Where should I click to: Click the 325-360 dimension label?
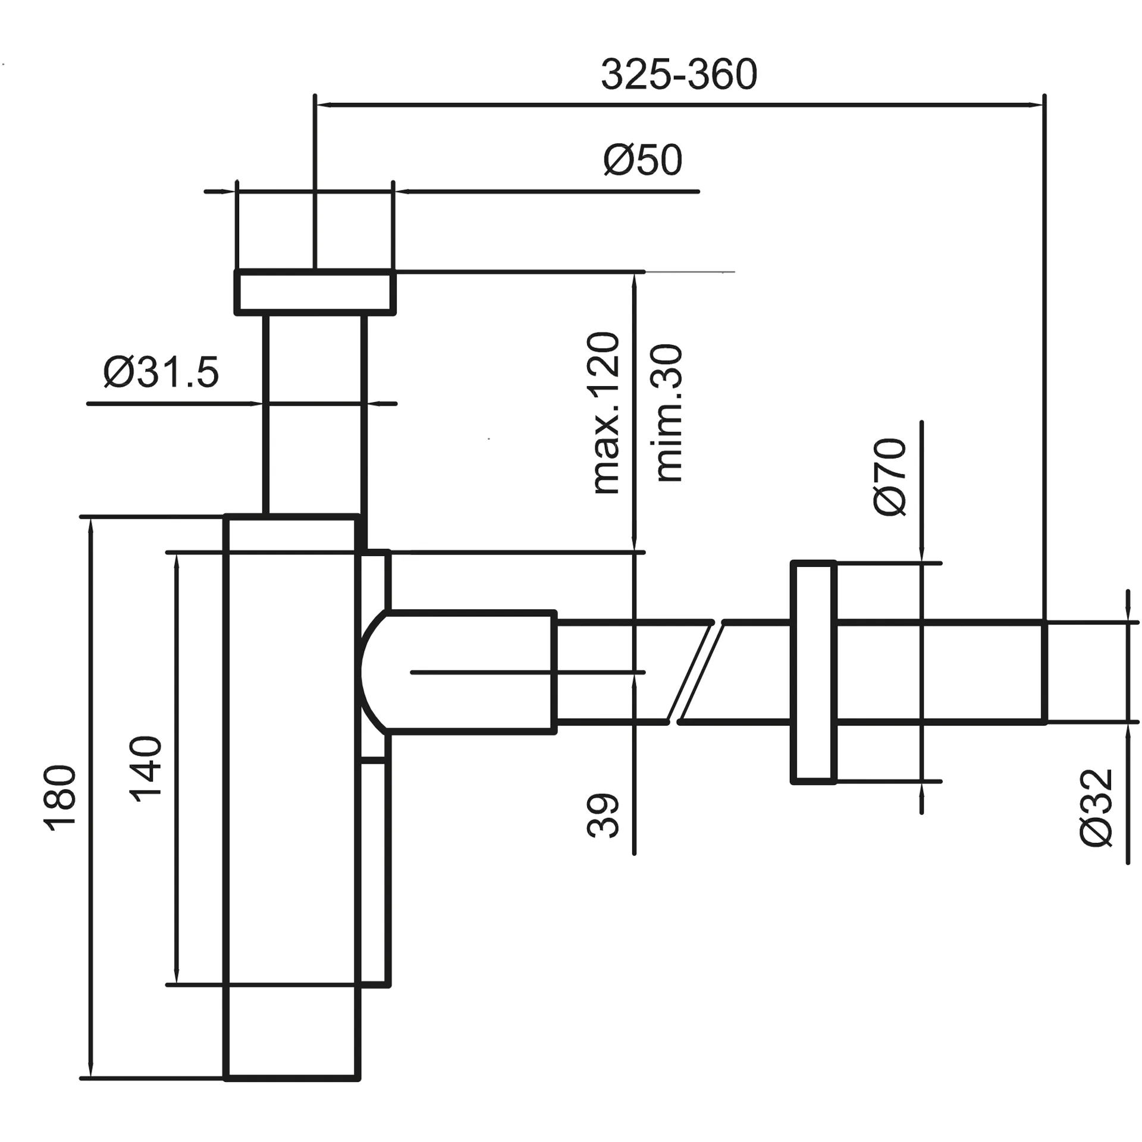coord(679,75)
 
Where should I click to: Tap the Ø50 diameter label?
coord(642,160)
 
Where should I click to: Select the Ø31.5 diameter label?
coord(161,373)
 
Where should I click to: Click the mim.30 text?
coord(669,413)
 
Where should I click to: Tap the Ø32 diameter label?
coord(1096,807)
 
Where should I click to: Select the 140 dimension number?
coord(146,770)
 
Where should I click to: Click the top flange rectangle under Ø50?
coord(315,291)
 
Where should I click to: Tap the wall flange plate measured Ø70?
coord(813,672)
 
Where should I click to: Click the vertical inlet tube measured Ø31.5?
coord(315,416)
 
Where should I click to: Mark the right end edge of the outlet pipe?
coord(1044,672)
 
